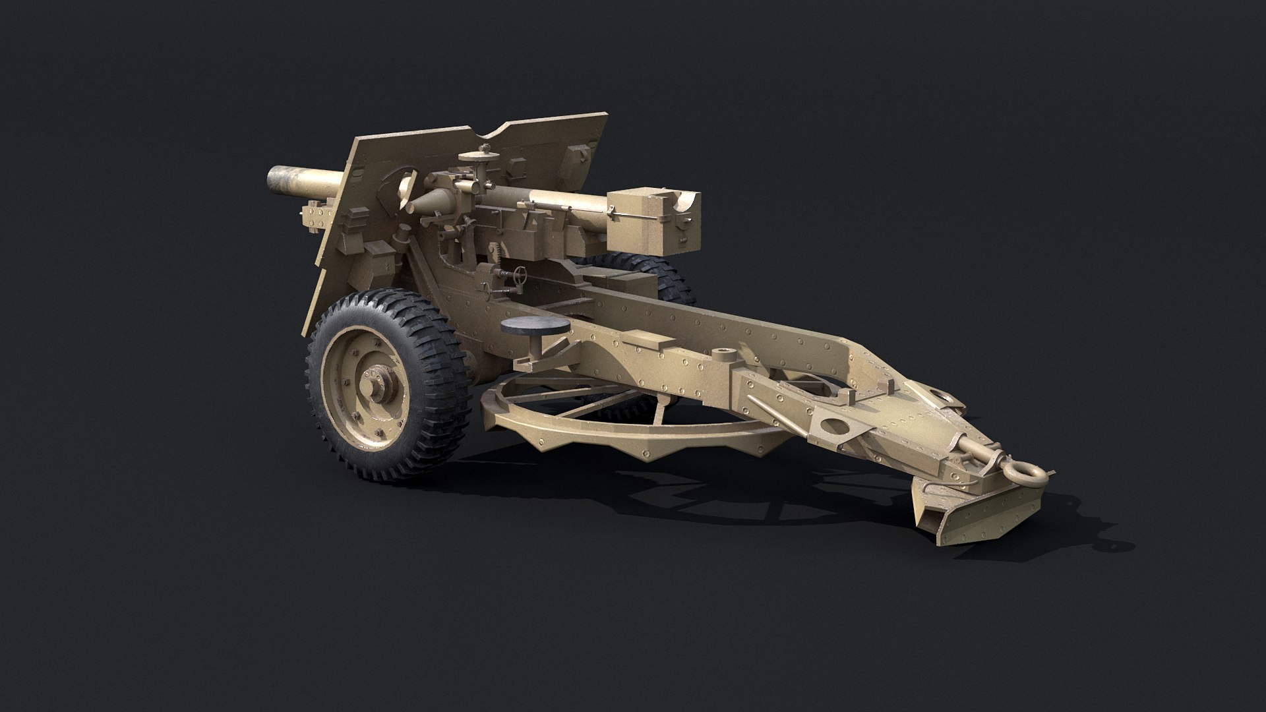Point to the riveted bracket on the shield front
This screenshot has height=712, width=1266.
(316, 218)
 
